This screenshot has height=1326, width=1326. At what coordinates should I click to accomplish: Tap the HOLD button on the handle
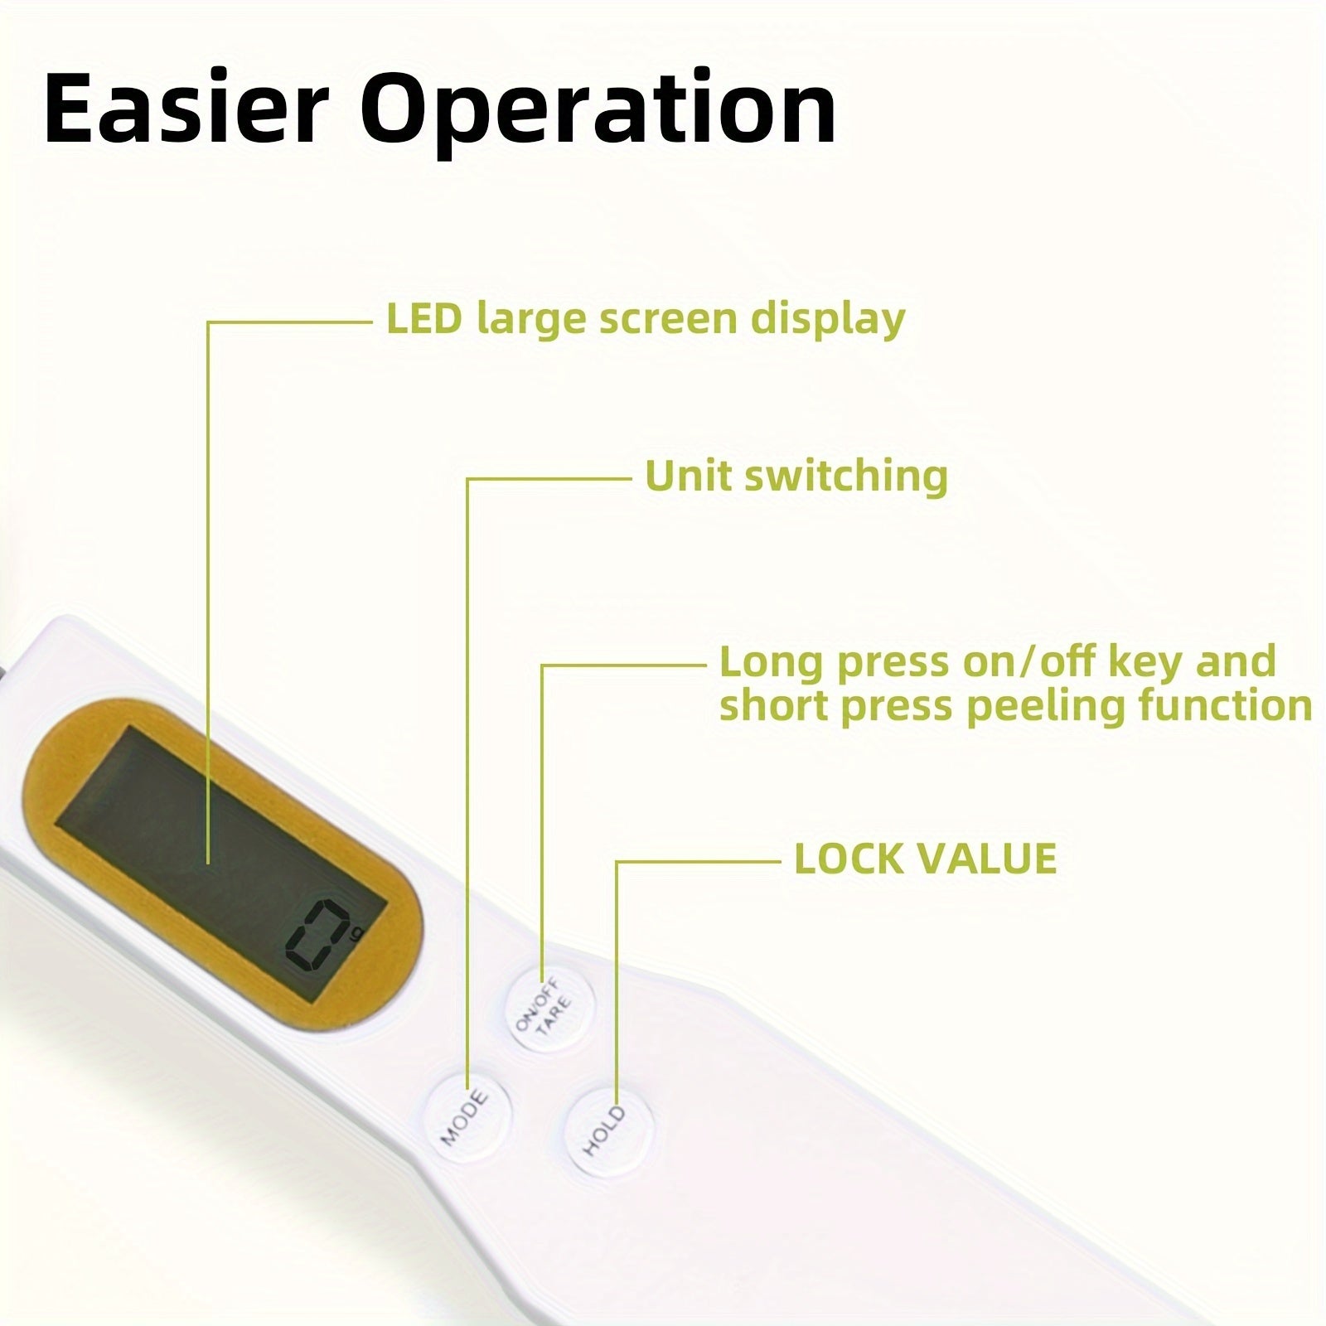[x=608, y=1130]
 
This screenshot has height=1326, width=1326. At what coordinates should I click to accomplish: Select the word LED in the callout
[x=423, y=319]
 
